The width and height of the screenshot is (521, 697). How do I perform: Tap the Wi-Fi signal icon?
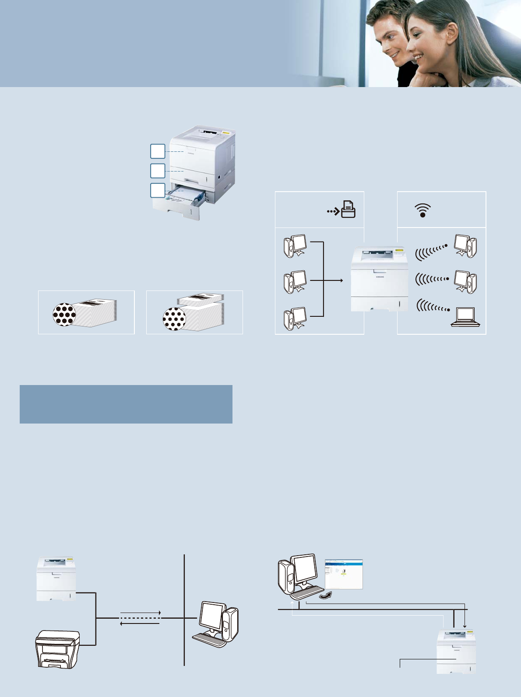(x=422, y=210)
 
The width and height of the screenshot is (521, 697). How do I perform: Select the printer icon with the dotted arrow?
(x=348, y=210)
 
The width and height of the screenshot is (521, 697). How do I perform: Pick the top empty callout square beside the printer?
(x=158, y=151)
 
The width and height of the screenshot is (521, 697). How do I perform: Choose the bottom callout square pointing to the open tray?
(x=158, y=190)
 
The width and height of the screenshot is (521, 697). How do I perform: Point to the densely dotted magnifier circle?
(x=64, y=314)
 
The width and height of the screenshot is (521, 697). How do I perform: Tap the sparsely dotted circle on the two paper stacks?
(x=174, y=319)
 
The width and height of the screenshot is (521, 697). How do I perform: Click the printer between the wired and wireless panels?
(x=380, y=279)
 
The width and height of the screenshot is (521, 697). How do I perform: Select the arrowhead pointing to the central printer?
(x=341, y=280)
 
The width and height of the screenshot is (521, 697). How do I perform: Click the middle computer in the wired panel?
(x=295, y=282)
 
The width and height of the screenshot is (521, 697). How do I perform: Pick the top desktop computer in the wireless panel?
(x=465, y=246)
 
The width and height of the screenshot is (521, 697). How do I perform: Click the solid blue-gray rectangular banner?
(x=126, y=404)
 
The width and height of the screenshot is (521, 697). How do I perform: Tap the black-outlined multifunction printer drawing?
(x=57, y=649)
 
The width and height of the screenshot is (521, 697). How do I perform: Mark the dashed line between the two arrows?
(x=140, y=618)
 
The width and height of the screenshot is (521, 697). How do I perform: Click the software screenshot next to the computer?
(x=344, y=574)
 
